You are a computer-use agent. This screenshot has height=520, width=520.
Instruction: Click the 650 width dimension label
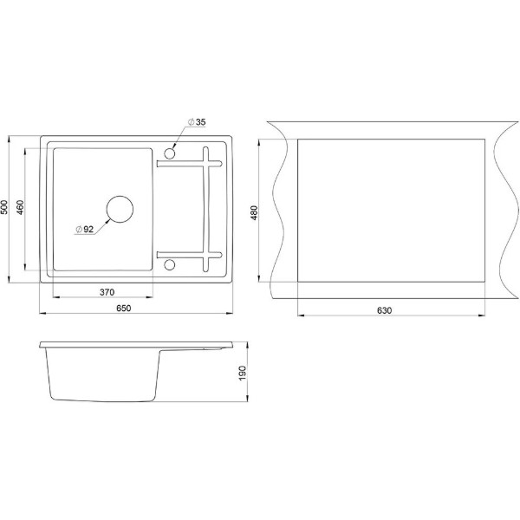pyautogui.click(x=124, y=308)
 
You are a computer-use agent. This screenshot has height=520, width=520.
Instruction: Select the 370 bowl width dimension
pyautogui.click(x=107, y=292)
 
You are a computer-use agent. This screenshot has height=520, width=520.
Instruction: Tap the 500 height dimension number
pyautogui.click(x=4, y=207)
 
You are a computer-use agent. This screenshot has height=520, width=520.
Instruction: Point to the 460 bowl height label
pyautogui.click(x=20, y=207)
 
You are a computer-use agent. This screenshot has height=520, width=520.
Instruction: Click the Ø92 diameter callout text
pyautogui.click(x=85, y=229)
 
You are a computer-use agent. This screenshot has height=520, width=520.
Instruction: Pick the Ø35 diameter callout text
pyautogui.click(x=197, y=122)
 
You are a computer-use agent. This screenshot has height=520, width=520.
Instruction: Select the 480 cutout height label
pyautogui.click(x=254, y=213)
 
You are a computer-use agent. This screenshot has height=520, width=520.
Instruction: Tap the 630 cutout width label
pyautogui.click(x=384, y=310)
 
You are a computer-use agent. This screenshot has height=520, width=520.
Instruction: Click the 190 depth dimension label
pyautogui.click(x=243, y=373)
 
